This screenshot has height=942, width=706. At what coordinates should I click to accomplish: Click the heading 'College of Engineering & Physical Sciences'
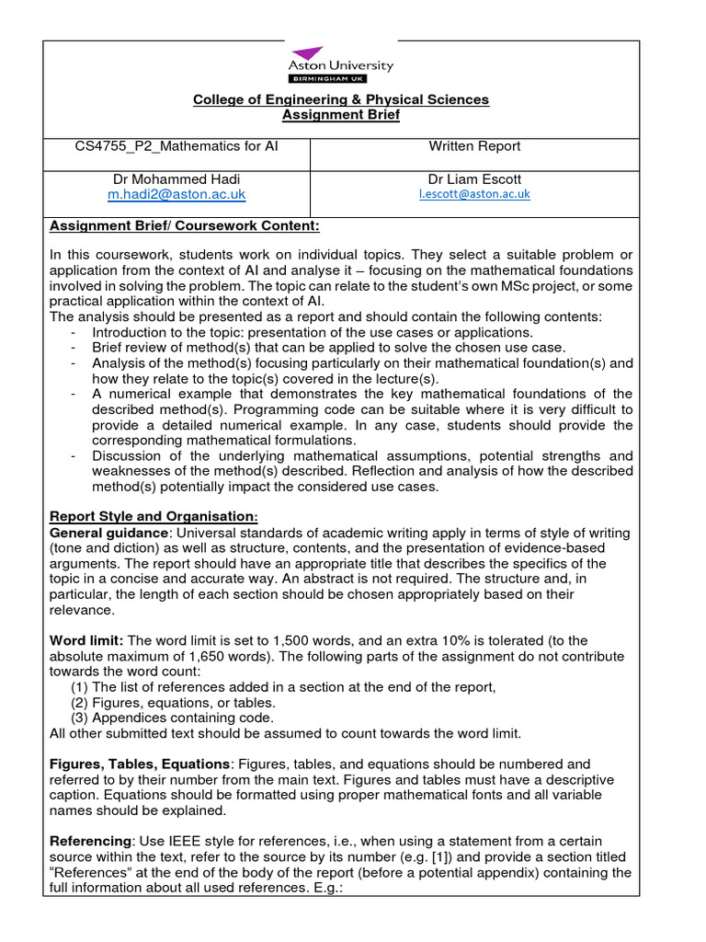340,99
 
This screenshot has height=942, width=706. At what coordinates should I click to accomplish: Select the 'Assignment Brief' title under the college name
340,115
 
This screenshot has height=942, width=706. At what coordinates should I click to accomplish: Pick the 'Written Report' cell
474,146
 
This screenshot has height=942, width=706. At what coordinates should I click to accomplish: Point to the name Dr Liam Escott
474,178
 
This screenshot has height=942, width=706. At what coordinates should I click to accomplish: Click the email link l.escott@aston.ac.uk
474,195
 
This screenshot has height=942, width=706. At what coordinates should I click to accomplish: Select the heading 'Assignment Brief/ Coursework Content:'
171,226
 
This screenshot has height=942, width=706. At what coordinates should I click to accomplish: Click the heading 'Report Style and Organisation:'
154,517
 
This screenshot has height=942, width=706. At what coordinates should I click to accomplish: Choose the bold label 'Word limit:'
85,640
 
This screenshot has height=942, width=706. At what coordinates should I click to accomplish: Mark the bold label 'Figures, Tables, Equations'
138,764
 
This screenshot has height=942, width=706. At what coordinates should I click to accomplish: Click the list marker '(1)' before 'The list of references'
80,686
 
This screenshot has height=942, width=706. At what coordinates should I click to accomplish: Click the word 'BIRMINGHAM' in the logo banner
331,79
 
